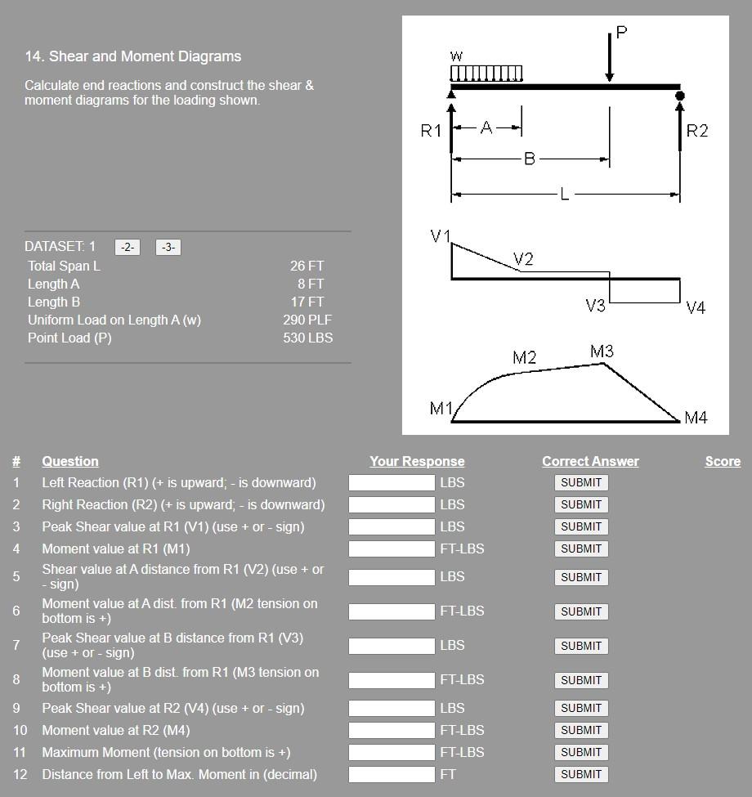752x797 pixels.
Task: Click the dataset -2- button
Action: [128, 247]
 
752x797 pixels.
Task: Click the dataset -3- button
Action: [168, 247]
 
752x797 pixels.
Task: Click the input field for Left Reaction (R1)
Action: [392, 482]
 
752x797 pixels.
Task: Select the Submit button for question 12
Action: [580, 774]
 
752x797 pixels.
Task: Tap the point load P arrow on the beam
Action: [610, 57]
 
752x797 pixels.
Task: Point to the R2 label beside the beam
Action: [697, 131]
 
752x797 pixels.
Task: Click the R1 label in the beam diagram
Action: [431, 131]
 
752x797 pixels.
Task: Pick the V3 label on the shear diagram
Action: [595, 306]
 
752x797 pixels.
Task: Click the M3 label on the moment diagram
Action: [602, 351]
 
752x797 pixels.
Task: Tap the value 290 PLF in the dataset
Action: [307, 320]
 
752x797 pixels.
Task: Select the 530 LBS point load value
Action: [307, 338]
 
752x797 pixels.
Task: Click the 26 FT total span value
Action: [307, 266]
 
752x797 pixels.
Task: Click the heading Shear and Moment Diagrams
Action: [133, 56]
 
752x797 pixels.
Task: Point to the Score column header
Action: [723, 461]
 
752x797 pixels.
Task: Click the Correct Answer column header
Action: [590, 461]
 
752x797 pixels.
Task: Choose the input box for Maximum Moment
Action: [392, 752]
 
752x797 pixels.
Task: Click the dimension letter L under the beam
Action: [564, 195]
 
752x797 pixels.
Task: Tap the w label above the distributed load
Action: [456, 56]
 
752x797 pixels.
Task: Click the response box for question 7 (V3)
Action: [392, 645]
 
